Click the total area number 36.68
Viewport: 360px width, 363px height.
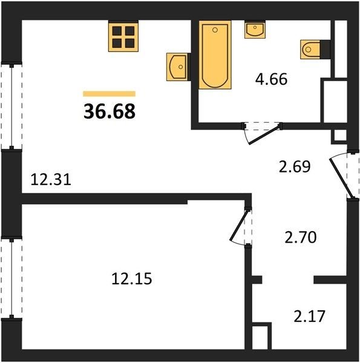coord(110,111)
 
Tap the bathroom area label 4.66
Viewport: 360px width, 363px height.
coord(271,79)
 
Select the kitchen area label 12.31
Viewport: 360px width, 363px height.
coord(51,180)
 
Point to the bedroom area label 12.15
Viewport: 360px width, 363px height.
coord(131,278)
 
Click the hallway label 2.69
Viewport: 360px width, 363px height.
coord(295,167)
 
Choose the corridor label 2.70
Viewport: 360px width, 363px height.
coord(300,238)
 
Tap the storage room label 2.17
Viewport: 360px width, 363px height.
coord(310,316)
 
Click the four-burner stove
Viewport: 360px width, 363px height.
coord(123,36)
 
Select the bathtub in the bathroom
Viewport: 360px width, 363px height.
coord(215,54)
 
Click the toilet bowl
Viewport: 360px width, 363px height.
coord(310,50)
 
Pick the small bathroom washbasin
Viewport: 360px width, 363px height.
coord(255,29)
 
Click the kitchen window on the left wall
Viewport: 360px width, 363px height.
coord(11,106)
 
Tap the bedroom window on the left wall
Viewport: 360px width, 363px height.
coord(11,278)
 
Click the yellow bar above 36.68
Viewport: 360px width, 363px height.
coord(110,94)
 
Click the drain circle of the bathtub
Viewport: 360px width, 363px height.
coord(215,30)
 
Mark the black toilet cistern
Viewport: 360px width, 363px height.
coord(326,49)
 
